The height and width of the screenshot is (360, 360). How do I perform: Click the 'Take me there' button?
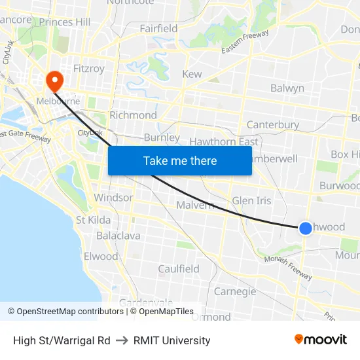(x=180, y=160)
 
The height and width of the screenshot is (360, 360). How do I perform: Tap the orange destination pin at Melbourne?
(x=53, y=82)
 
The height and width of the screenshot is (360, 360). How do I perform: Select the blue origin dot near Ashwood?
(x=306, y=228)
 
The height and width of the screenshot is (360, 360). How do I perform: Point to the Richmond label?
(x=133, y=115)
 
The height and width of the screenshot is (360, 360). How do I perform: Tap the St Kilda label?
(x=94, y=220)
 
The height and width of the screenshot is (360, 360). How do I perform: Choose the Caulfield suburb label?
(x=179, y=269)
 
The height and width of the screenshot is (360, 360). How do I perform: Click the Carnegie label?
(x=235, y=291)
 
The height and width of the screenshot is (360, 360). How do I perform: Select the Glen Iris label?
(x=251, y=201)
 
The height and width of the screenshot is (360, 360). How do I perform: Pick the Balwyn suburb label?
(x=287, y=88)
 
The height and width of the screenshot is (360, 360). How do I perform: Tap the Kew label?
(x=192, y=75)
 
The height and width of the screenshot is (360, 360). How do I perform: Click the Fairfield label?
(x=158, y=28)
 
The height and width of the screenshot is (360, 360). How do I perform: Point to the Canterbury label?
(x=273, y=124)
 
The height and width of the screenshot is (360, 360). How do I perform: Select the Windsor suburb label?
(x=113, y=197)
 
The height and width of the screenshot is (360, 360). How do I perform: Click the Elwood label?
(x=101, y=256)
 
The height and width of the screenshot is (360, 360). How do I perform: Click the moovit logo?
(x=321, y=340)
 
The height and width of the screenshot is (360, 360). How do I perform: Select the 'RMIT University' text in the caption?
(x=172, y=340)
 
